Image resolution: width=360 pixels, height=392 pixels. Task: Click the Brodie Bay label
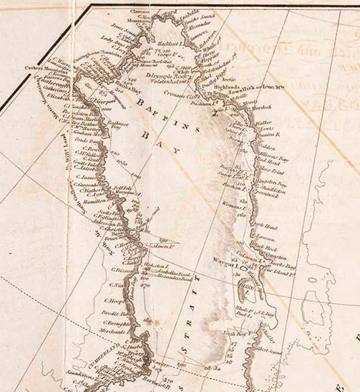[x=100, y=314]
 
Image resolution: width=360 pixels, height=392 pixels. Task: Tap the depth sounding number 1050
[x=121, y=162]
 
